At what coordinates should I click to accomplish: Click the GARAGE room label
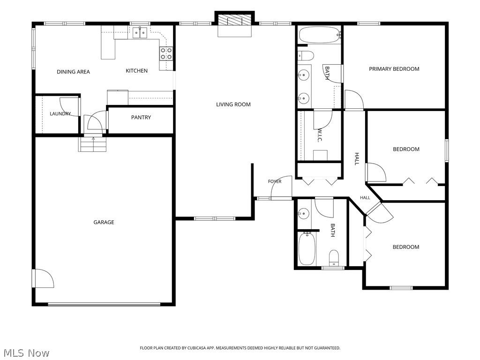(x=104, y=222)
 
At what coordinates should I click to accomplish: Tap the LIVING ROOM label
(x=233, y=105)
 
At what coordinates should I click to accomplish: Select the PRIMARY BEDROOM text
(x=394, y=69)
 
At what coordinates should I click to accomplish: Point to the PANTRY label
(x=141, y=117)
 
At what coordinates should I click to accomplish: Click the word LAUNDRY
(x=60, y=113)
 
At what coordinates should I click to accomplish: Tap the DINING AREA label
(x=74, y=72)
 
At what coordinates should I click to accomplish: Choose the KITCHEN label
(x=137, y=71)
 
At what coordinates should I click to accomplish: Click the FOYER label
(x=275, y=181)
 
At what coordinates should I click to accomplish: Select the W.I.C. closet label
(x=319, y=135)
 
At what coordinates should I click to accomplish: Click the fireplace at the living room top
(x=234, y=21)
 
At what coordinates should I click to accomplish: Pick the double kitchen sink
(x=140, y=32)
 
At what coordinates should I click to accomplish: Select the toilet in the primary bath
(x=306, y=56)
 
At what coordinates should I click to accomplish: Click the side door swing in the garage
(x=43, y=278)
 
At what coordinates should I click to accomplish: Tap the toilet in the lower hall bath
(x=334, y=258)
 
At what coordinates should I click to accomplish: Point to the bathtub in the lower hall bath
(x=307, y=248)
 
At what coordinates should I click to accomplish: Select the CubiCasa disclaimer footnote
(x=240, y=348)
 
